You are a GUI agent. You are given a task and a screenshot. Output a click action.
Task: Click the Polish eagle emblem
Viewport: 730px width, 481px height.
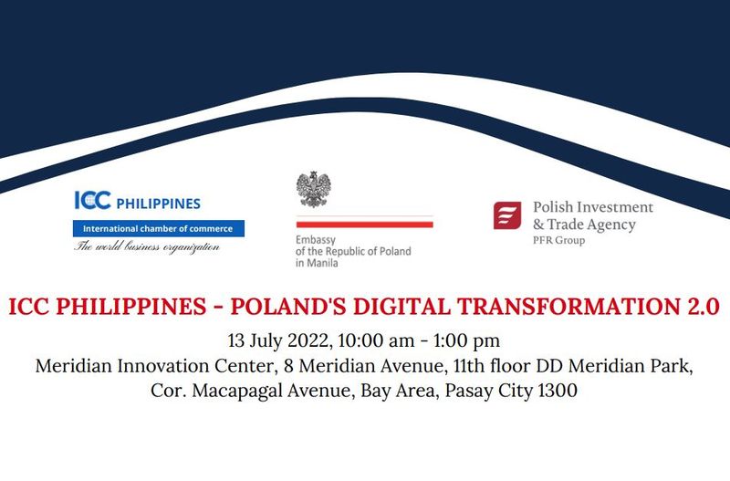(x=314, y=189)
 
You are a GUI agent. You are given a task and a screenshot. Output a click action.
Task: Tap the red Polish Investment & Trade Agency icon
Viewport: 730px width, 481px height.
(x=507, y=215)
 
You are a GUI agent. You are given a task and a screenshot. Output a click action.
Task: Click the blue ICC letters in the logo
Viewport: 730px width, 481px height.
(x=93, y=200)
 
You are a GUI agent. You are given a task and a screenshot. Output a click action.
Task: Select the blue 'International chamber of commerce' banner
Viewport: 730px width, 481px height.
(x=158, y=228)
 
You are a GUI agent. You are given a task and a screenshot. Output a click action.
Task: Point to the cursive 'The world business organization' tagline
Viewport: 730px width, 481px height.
(x=147, y=246)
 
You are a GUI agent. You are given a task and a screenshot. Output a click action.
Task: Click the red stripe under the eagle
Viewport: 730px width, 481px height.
(x=364, y=225)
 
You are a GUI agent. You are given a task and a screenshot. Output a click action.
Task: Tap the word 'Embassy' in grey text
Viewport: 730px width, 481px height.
(x=316, y=240)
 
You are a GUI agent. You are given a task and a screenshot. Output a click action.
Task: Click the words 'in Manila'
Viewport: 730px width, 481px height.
(x=317, y=263)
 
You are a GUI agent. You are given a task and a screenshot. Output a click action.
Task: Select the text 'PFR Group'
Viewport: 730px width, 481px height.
(x=558, y=240)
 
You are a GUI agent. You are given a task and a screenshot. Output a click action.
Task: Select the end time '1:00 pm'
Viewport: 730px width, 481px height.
(x=466, y=340)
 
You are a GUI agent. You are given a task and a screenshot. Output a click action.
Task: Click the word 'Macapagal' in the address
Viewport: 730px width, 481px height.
(x=237, y=391)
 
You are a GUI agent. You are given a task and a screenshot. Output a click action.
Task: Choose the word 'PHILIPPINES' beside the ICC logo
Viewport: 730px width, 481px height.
(x=158, y=204)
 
